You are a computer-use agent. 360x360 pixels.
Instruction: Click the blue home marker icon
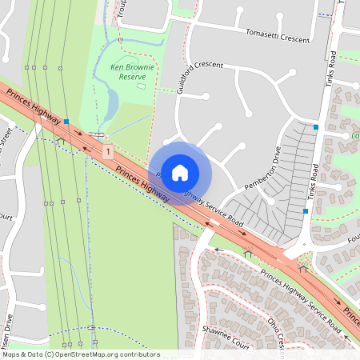(180, 172)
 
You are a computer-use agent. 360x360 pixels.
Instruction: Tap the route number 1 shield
(107, 150)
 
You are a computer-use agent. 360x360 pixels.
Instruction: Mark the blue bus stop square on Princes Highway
(67, 122)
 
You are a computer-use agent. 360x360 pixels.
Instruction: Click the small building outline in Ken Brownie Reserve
(142, 85)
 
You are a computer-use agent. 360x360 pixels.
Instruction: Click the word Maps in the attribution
(11, 354)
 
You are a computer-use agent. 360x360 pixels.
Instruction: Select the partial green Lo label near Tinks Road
(354, 136)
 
